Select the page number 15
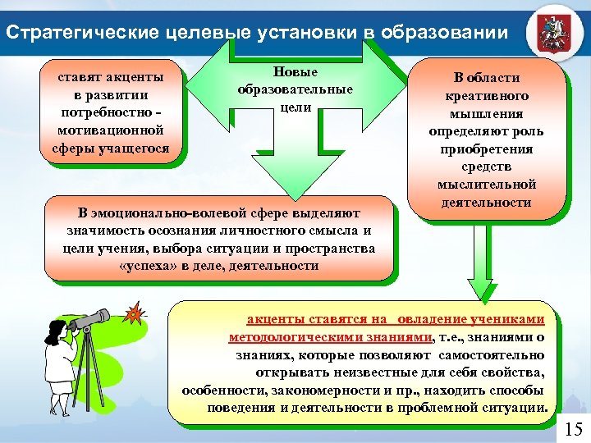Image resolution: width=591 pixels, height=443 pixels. [x=573, y=428]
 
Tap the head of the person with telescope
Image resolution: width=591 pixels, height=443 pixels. [x=60, y=332]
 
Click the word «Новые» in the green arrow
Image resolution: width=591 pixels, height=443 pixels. [x=295, y=73]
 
